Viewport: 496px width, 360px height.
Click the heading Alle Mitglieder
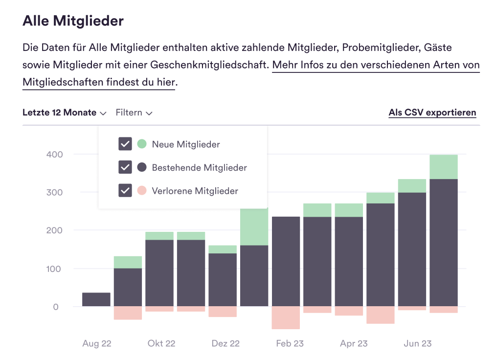[x=73, y=21]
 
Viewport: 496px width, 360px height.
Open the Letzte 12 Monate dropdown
[x=64, y=112]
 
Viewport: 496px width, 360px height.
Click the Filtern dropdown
[x=134, y=112]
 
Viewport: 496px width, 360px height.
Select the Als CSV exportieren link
[x=432, y=112]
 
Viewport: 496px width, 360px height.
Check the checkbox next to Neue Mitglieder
[x=125, y=144]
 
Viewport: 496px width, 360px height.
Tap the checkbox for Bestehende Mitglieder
[x=125, y=167]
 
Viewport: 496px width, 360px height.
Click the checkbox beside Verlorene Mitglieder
[x=125, y=190]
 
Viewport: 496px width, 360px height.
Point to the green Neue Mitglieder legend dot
[x=142, y=144]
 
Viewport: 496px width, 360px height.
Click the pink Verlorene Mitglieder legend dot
[x=142, y=190]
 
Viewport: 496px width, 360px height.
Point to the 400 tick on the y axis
[x=54, y=155]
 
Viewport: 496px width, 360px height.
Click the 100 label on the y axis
[x=54, y=269]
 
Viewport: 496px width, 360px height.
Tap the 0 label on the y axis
[x=56, y=307]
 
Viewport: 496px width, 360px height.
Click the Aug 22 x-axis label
[x=97, y=343]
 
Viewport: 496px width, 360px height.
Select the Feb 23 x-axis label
[x=290, y=343]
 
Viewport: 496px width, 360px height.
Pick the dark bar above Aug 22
[x=96, y=299]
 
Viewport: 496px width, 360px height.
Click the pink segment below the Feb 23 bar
[x=286, y=317]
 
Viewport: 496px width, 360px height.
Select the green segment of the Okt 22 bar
[x=159, y=236]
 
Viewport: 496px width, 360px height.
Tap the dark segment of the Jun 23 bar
[x=412, y=249]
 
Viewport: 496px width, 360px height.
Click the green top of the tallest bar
[x=444, y=167]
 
